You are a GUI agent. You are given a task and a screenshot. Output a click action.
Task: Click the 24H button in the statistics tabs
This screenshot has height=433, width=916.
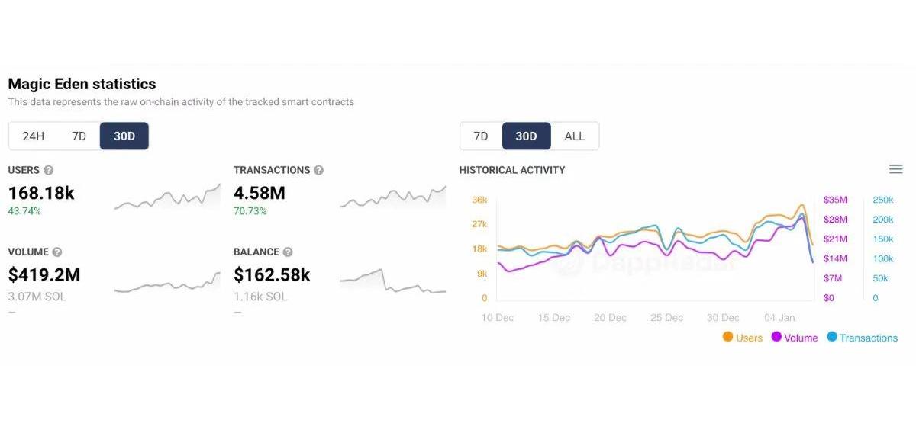(x=34, y=136)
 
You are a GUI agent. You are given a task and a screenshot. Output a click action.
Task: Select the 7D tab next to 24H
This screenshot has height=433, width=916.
(x=79, y=136)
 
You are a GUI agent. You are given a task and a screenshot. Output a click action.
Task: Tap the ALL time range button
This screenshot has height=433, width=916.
(x=574, y=136)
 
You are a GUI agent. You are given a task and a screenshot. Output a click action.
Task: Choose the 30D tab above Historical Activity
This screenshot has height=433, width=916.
(x=526, y=136)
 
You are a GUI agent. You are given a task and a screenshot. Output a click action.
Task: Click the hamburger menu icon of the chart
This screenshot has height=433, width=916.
(x=896, y=169)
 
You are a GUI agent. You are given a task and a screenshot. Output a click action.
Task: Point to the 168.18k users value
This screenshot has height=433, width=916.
(x=41, y=193)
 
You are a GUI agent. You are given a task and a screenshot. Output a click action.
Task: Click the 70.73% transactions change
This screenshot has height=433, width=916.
(x=250, y=211)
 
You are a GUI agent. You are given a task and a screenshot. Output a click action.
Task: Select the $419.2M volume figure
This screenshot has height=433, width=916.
(x=44, y=274)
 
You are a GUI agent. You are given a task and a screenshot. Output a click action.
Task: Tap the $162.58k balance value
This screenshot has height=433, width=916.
(x=272, y=274)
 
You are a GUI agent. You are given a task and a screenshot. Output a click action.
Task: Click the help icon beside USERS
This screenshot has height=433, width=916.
(x=49, y=170)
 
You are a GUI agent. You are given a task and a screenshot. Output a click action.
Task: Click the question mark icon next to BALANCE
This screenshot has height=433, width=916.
(x=288, y=252)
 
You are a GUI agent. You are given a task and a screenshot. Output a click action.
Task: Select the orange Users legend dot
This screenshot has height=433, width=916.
(x=727, y=337)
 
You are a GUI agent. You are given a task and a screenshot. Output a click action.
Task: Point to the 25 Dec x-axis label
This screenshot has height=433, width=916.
(x=666, y=318)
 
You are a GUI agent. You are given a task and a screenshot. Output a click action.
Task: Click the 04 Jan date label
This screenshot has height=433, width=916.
(x=779, y=318)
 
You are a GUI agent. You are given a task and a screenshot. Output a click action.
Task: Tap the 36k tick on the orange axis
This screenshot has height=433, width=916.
(x=479, y=200)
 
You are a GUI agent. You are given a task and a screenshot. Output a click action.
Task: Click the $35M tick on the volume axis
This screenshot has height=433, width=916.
(x=835, y=200)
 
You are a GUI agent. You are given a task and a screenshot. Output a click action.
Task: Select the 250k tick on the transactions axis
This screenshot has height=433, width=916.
(x=882, y=200)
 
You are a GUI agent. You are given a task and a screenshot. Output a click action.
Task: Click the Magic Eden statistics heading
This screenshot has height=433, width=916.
(x=82, y=84)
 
